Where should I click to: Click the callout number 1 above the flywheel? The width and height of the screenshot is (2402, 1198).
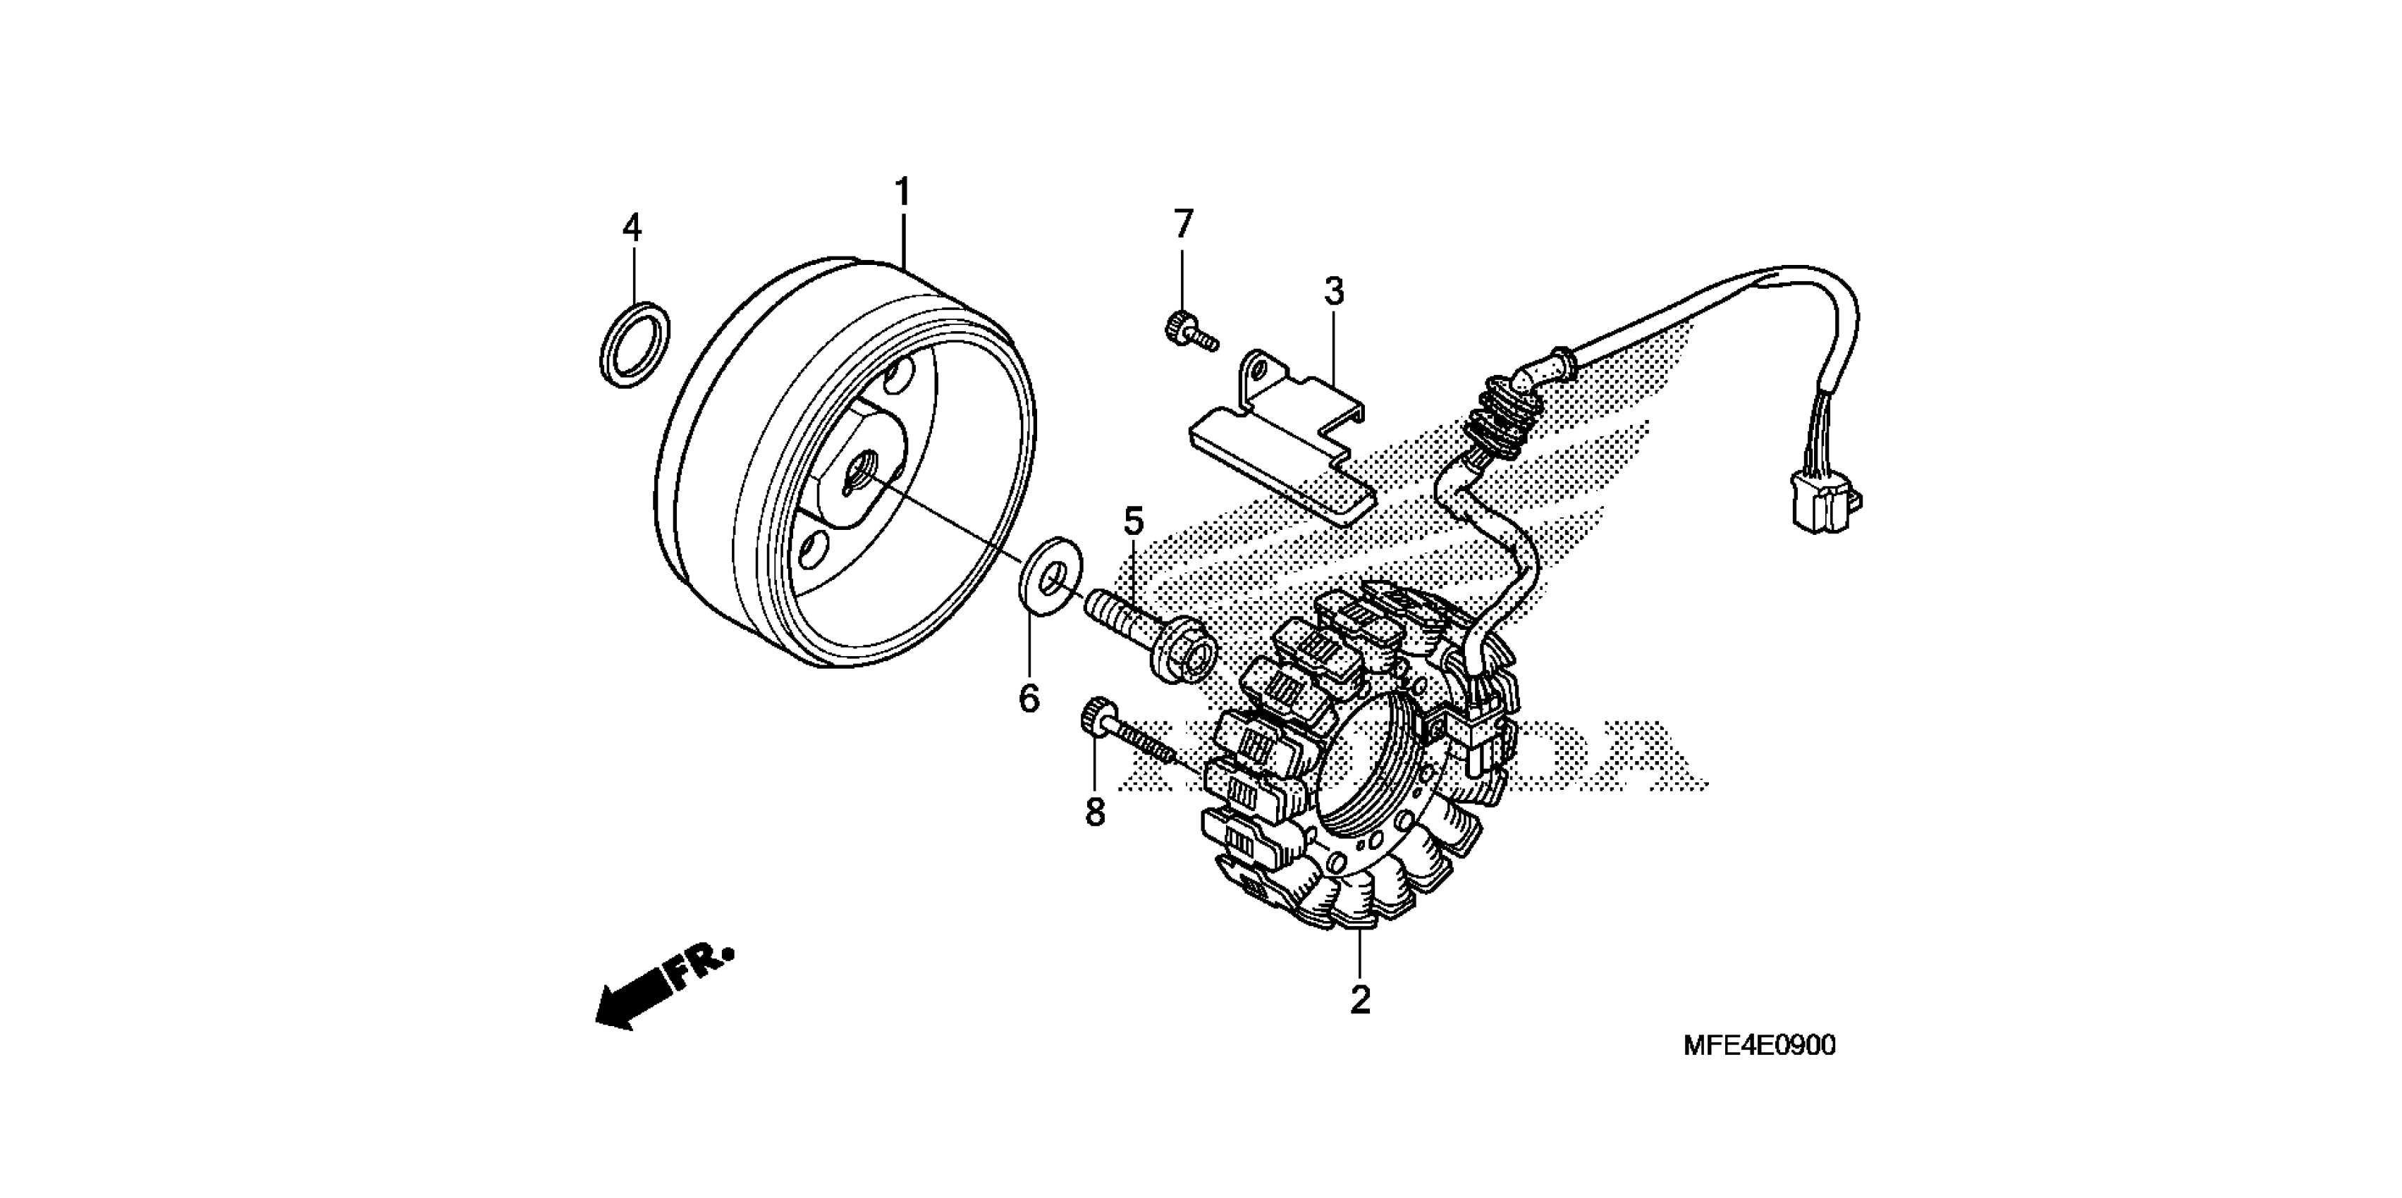click(x=902, y=192)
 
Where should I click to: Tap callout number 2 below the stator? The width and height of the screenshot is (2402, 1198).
click(x=1361, y=1001)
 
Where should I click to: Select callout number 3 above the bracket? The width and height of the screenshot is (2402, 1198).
click(x=1335, y=292)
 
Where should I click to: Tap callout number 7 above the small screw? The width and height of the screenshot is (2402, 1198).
click(x=1182, y=224)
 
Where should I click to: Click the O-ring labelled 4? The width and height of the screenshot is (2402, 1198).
click(x=634, y=344)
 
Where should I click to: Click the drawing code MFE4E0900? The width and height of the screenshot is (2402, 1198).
click(x=1758, y=1045)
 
